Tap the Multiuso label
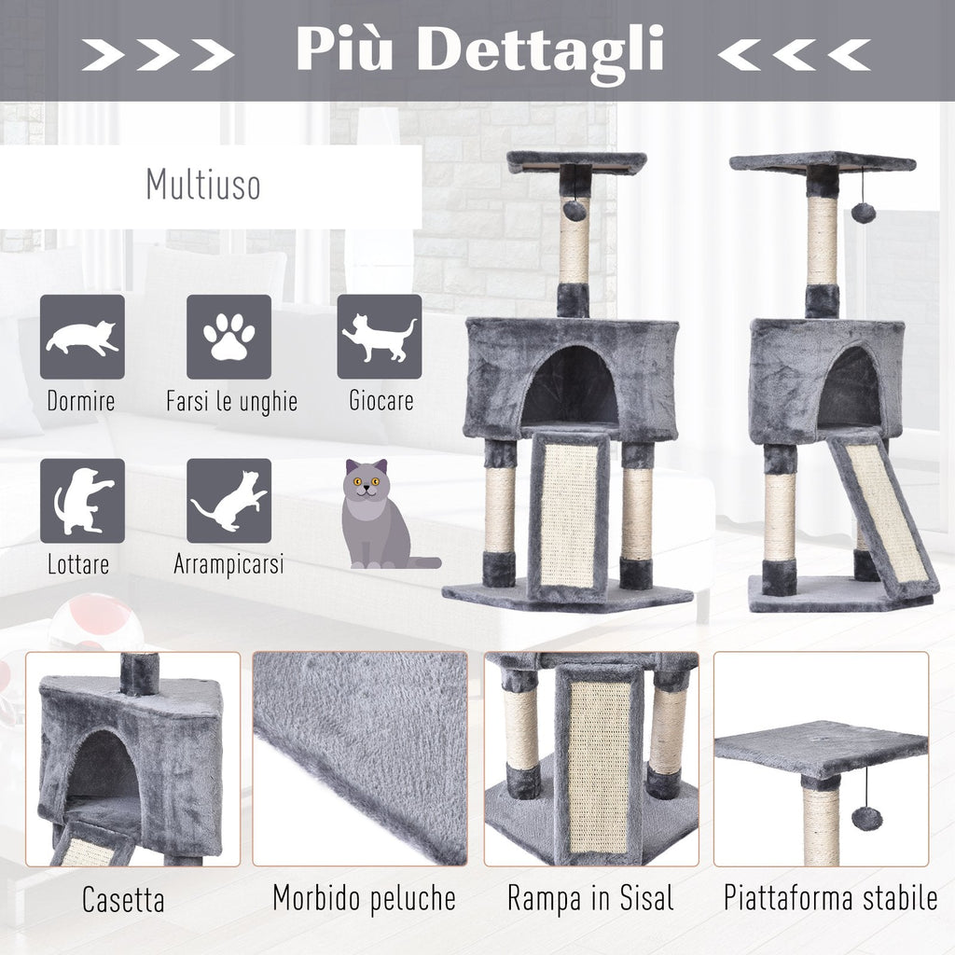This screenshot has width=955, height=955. click(x=203, y=184)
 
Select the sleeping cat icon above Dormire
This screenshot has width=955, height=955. click(x=82, y=337)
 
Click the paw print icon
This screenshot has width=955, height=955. click(x=229, y=337)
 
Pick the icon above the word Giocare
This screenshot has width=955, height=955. click(x=380, y=337)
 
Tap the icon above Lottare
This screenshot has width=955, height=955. click(x=82, y=501)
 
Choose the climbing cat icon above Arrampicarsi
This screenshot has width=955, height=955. click(x=229, y=501)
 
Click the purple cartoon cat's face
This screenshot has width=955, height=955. click(x=365, y=484)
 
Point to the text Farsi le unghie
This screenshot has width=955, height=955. click(x=231, y=401)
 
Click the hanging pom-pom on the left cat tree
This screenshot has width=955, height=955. click(x=574, y=211)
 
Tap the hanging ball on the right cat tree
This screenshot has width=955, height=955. click(x=863, y=214)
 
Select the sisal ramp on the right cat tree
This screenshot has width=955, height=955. click(x=882, y=516)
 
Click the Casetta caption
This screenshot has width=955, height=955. click(x=123, y=900)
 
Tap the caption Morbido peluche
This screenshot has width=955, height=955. click(x=365, y=898)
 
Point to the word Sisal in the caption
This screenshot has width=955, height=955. click(x=647, y=898)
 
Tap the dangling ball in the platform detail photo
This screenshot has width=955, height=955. click(x=866, y=818)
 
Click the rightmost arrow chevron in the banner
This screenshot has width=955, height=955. click(x=849, y=55)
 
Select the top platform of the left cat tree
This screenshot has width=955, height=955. click(x=576, y=162)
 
